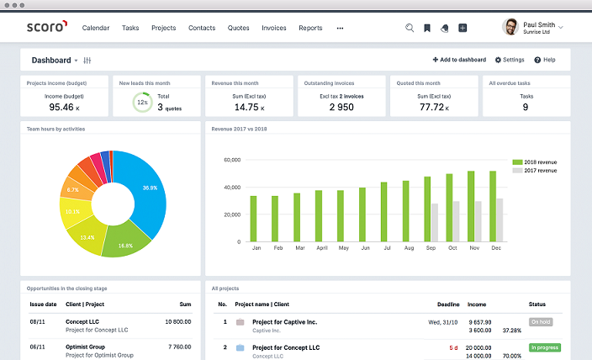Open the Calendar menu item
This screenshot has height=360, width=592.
click(x=96, y=28)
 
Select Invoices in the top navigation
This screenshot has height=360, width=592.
click(x=274, y=28)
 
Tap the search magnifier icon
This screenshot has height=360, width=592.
click(x=410, y=28)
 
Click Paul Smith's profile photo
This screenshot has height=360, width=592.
click(x=510, y=27)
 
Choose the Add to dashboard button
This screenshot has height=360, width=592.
click(x=459, y=60)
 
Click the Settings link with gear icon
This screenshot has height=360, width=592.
click(x=510, y=60)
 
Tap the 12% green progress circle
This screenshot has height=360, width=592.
click(x=142, y=103)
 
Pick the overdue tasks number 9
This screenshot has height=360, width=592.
click(x=526, y=108)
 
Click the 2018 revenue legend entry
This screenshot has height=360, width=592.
click(x=535, y=161)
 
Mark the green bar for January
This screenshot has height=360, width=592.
click(x=253, y=219)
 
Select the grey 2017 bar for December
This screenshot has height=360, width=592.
click(x=499, y=220)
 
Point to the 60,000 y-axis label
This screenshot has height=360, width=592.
click(x=230, y=160)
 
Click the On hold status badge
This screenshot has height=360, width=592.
click(x=541, y=321)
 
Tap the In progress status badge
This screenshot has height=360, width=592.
click(x=545, y=347)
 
